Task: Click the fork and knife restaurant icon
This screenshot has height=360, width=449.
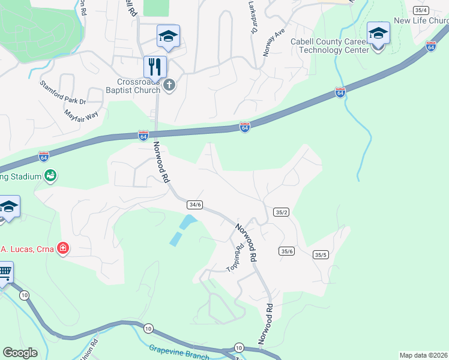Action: [x=155, y=66]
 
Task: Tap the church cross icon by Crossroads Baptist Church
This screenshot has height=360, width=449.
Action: [x=169, y=85]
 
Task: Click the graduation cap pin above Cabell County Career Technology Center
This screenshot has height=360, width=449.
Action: [x=378, y=33]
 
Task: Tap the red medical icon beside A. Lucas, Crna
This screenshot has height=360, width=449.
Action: [x=62, y=248]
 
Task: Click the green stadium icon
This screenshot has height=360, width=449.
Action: [x=50, y=176]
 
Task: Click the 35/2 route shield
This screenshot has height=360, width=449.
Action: [x=281, y=212]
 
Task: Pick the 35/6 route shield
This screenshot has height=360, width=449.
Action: [x=286, y=251]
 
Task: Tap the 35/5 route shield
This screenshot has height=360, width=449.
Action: [x=321, y=255]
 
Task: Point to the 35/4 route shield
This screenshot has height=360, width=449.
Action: [x=421, y=10]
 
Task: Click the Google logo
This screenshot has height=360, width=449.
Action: [x=20, y=353]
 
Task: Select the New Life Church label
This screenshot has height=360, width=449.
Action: [x=421, y=20]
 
